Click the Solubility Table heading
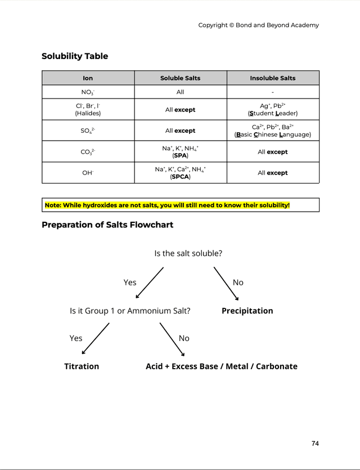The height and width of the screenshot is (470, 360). point(75,56)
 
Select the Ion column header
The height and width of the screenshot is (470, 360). point(88,78)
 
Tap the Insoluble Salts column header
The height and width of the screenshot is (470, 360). point(273,78)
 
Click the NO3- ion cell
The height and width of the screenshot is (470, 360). point(88,92)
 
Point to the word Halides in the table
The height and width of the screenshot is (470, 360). point(88,113)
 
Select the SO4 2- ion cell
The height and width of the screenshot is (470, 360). point(88,131)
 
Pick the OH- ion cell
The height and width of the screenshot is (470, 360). point(88,173)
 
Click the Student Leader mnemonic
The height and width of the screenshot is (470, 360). point(273,113)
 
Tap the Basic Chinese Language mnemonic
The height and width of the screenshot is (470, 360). point(273,135)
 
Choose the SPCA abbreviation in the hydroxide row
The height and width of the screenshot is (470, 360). point(181,177)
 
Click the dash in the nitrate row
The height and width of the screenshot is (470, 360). point(273,92)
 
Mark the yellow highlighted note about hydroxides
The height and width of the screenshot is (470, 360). point(168,205)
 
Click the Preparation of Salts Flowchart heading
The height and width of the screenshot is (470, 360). point(107,225)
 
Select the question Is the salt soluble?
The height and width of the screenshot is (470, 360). point(188,253)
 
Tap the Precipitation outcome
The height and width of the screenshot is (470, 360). point(247,311)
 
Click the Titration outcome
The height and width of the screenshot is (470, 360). point(82,366)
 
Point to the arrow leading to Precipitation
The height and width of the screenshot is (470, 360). point(226,284)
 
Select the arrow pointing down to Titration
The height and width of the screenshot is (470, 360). point(96,338)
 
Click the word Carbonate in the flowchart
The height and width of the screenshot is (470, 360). point(277,366)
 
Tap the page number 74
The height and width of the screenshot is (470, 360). point(315,444)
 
